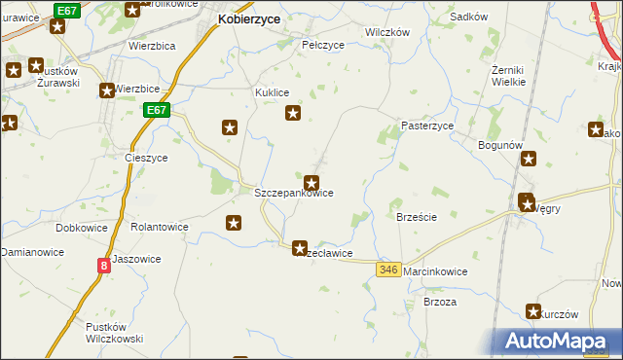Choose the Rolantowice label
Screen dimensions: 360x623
point(159,227)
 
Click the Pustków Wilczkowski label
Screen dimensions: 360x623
point(115,332)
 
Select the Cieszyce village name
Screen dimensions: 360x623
point(147,158)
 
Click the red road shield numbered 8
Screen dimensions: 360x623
point(103,265)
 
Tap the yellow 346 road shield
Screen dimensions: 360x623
point(389,270)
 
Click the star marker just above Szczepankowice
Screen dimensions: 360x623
point(311,182)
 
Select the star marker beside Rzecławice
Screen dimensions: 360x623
point(300,248)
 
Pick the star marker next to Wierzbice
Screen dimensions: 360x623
point(106,91)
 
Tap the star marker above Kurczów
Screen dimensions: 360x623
point(533,311)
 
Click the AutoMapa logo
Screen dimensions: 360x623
point(558,341)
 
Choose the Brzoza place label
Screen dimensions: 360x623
point(440,302)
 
